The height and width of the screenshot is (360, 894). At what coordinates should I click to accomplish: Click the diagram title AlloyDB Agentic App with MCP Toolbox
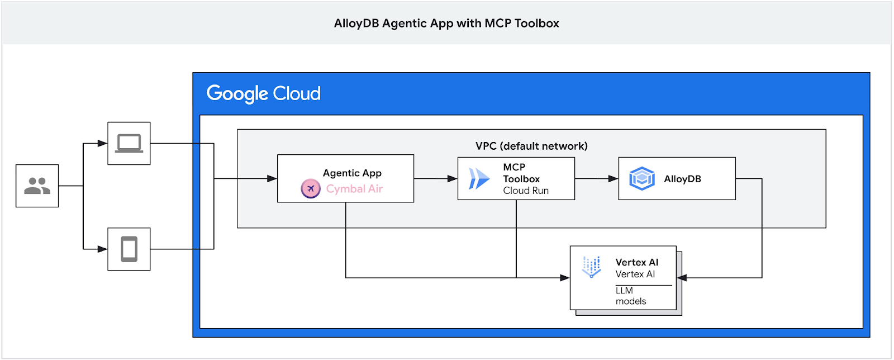point(446,23)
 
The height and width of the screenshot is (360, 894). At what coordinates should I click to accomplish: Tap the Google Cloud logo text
point(263,93)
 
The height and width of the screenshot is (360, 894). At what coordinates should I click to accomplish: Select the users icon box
point(37,186)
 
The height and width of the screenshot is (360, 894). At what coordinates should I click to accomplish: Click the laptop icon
point(129,143)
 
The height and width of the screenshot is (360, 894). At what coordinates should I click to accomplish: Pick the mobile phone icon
point(129,249)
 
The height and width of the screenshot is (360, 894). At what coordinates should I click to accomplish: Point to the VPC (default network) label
point(531,146)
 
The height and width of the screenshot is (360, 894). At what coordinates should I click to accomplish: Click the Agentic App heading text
point(352,173)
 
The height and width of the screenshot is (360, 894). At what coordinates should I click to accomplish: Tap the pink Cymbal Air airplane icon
point(311,189)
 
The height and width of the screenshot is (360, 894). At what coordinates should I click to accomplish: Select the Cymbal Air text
point(354,189)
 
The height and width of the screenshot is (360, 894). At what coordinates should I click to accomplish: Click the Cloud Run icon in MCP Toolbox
point(479,179)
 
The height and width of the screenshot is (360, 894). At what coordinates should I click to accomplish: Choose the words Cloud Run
point(526,191)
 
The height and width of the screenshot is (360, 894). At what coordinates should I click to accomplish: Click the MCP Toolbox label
point(521,173)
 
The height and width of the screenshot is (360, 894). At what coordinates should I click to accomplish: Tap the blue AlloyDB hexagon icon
point(641,179)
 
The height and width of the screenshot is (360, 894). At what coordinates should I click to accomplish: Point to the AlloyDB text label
point(682,179)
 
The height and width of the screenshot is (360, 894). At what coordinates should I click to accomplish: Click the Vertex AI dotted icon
point(591,267)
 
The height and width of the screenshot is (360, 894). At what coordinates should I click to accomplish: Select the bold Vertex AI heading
point(637,262)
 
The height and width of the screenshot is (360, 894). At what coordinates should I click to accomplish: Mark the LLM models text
point(630,296)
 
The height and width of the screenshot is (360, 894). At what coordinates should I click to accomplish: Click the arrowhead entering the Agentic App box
point(272,179)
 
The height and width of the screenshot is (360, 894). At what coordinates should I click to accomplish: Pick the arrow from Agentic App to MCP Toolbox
point(436,179)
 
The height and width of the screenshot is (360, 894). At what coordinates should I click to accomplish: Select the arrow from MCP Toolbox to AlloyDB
point(597,179)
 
